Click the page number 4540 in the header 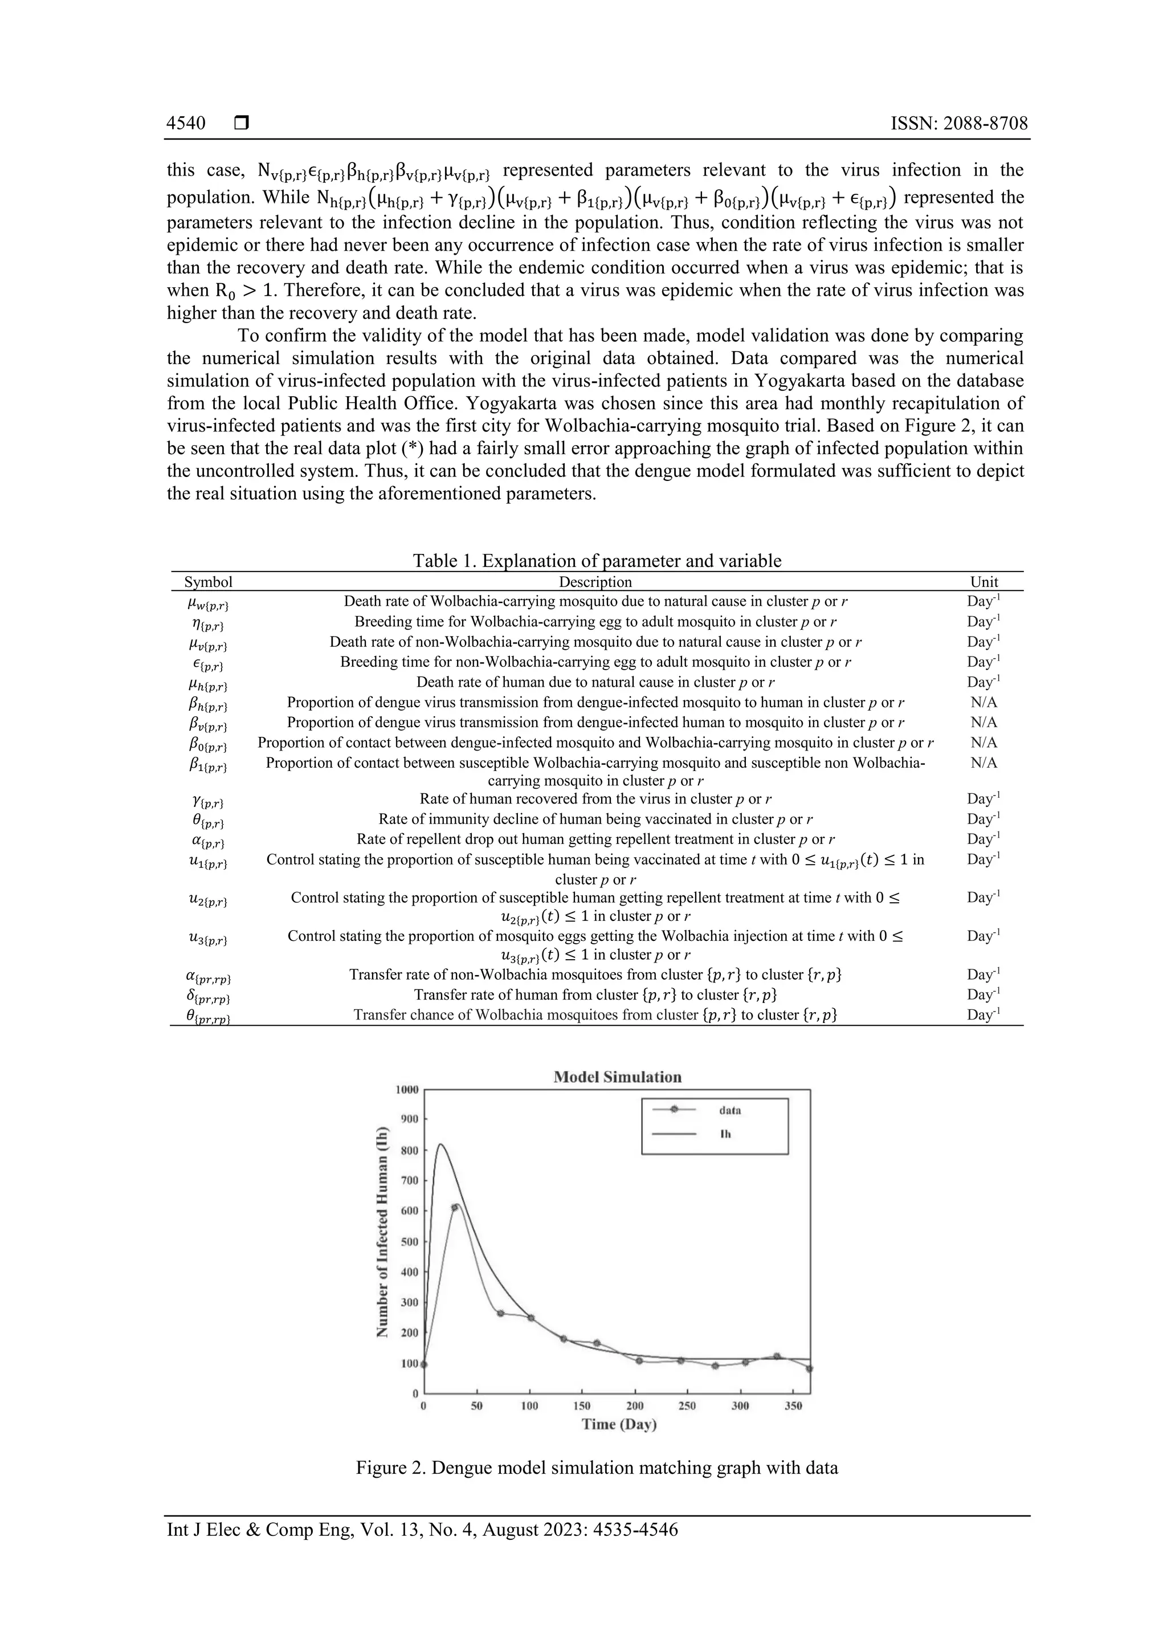(x=186, y=123)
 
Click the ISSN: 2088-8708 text (x=959, y=123)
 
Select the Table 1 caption (x=597, y=560)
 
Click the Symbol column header (x=209, y=582)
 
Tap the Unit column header (x=984, y=582)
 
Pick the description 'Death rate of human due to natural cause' (x=595, y=682)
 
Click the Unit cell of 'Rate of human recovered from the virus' (x=984, y=798)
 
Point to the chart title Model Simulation (x=617, y=1077)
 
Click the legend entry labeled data (x=729, y=1110)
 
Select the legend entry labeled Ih (x=725, y=1134)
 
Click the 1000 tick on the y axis (x=407, y=1090)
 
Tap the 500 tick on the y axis (x=409, y=1242)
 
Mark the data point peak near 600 (x=454, y=1207)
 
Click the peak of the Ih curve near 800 (x=441, y=1145)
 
